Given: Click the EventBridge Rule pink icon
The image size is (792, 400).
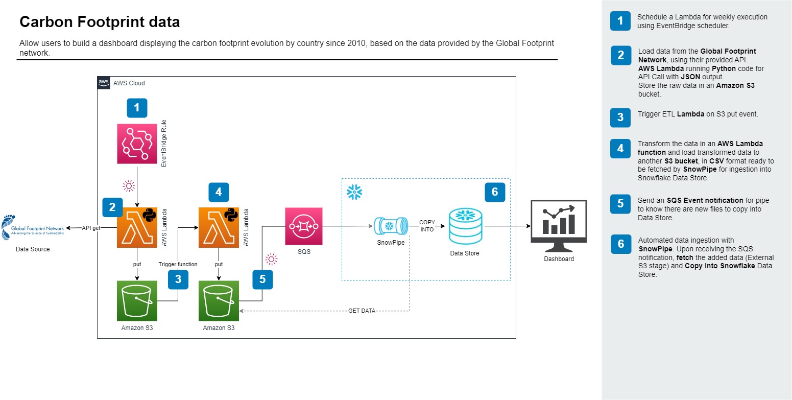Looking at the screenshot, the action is pyautogui.click(x=137, y=144).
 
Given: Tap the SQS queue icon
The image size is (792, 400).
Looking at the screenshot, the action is pyautogui.click(x=304, y=226).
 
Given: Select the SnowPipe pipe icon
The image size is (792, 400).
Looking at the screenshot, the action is pyautogui.click(x=391, y=226).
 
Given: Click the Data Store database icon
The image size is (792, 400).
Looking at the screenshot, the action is pyautogui.click(x=465, y=227).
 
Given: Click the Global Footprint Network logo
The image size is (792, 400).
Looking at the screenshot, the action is pyautogui.click(x=33, y=227).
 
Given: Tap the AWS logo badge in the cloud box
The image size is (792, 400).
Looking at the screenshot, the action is pyautogui.click(x=104, y=83).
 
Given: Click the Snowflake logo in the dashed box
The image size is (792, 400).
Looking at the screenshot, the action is pyautogui.click(x=354, y=192).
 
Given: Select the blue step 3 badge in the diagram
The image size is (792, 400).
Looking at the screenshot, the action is pyautogui.click(x=178, y=279).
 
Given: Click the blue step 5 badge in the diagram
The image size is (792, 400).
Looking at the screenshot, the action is pyautogui.click(x=262, y=279).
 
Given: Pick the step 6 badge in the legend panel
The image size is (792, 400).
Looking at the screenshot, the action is pyautogui.click(x=620, y=244).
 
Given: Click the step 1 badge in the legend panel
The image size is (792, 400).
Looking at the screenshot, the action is pyautogui.click(x=620, y=21).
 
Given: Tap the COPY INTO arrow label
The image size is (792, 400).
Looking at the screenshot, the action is pyautogui.click(x=427, y=226).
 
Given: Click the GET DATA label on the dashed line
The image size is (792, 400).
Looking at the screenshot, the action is pyautogui.click(x=362, y=311).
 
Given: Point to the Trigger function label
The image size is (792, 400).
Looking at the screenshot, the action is pyautogui.click(x=178, y=264).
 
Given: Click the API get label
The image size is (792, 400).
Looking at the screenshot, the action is pyautogui.click(x=91, y=228).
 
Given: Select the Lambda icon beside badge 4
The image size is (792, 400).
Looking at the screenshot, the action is pyautogui.click(x=219, y=227).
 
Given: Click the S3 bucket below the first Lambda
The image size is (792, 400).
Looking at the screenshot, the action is pyautogui.click(x=137, y=300).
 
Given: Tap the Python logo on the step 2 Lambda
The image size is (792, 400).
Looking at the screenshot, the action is pyautogui.click(x=149, y=215).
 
